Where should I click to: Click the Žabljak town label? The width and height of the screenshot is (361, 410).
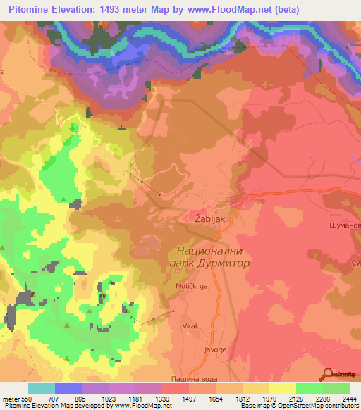[x=209, y=219]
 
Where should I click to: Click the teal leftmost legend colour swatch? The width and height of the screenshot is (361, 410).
[x=42, y=388]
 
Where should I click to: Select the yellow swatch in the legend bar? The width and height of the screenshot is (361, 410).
[x=282, y=388]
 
